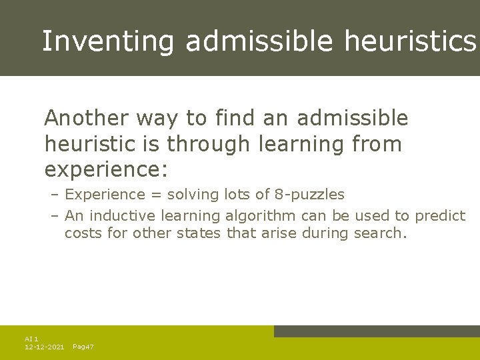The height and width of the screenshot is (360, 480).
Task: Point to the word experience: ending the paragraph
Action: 105,169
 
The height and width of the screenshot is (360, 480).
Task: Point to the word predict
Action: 440,215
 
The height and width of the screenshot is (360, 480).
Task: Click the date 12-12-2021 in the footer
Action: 44,347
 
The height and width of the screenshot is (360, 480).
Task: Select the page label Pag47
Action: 83,347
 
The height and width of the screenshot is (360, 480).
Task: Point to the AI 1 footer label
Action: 31,339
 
